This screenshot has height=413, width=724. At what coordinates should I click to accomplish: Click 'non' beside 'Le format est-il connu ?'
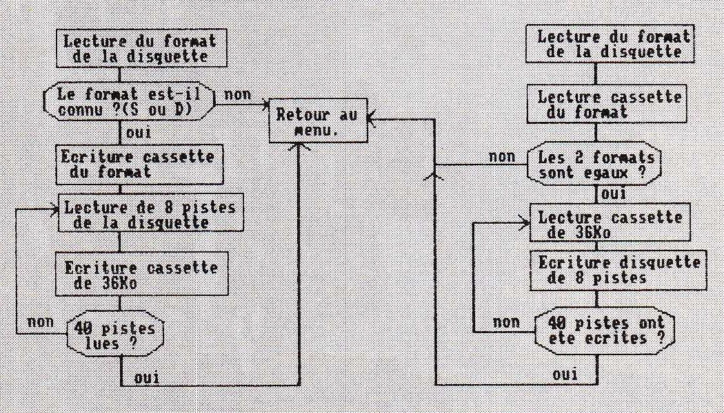click(x=237, y=95)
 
